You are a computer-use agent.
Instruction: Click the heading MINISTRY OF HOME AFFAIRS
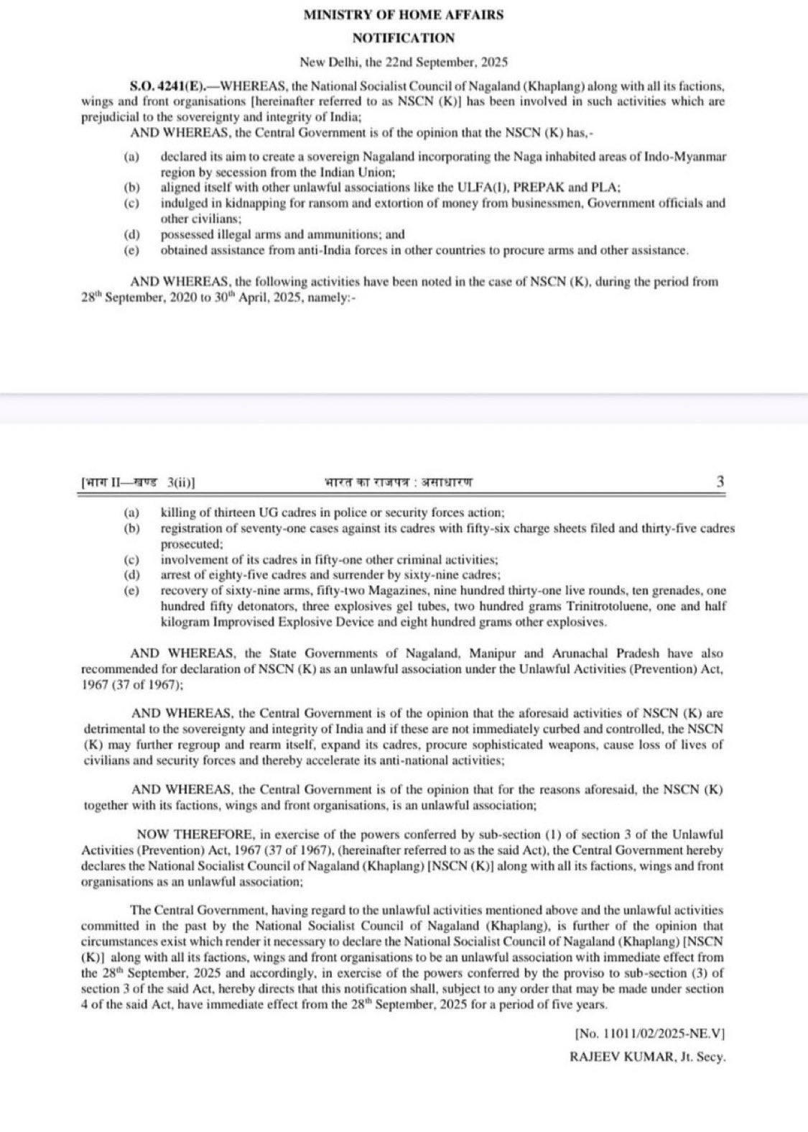[403, 14]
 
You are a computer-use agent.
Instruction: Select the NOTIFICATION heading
[403, 38]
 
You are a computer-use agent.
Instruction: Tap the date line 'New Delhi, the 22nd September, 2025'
[403, 63]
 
